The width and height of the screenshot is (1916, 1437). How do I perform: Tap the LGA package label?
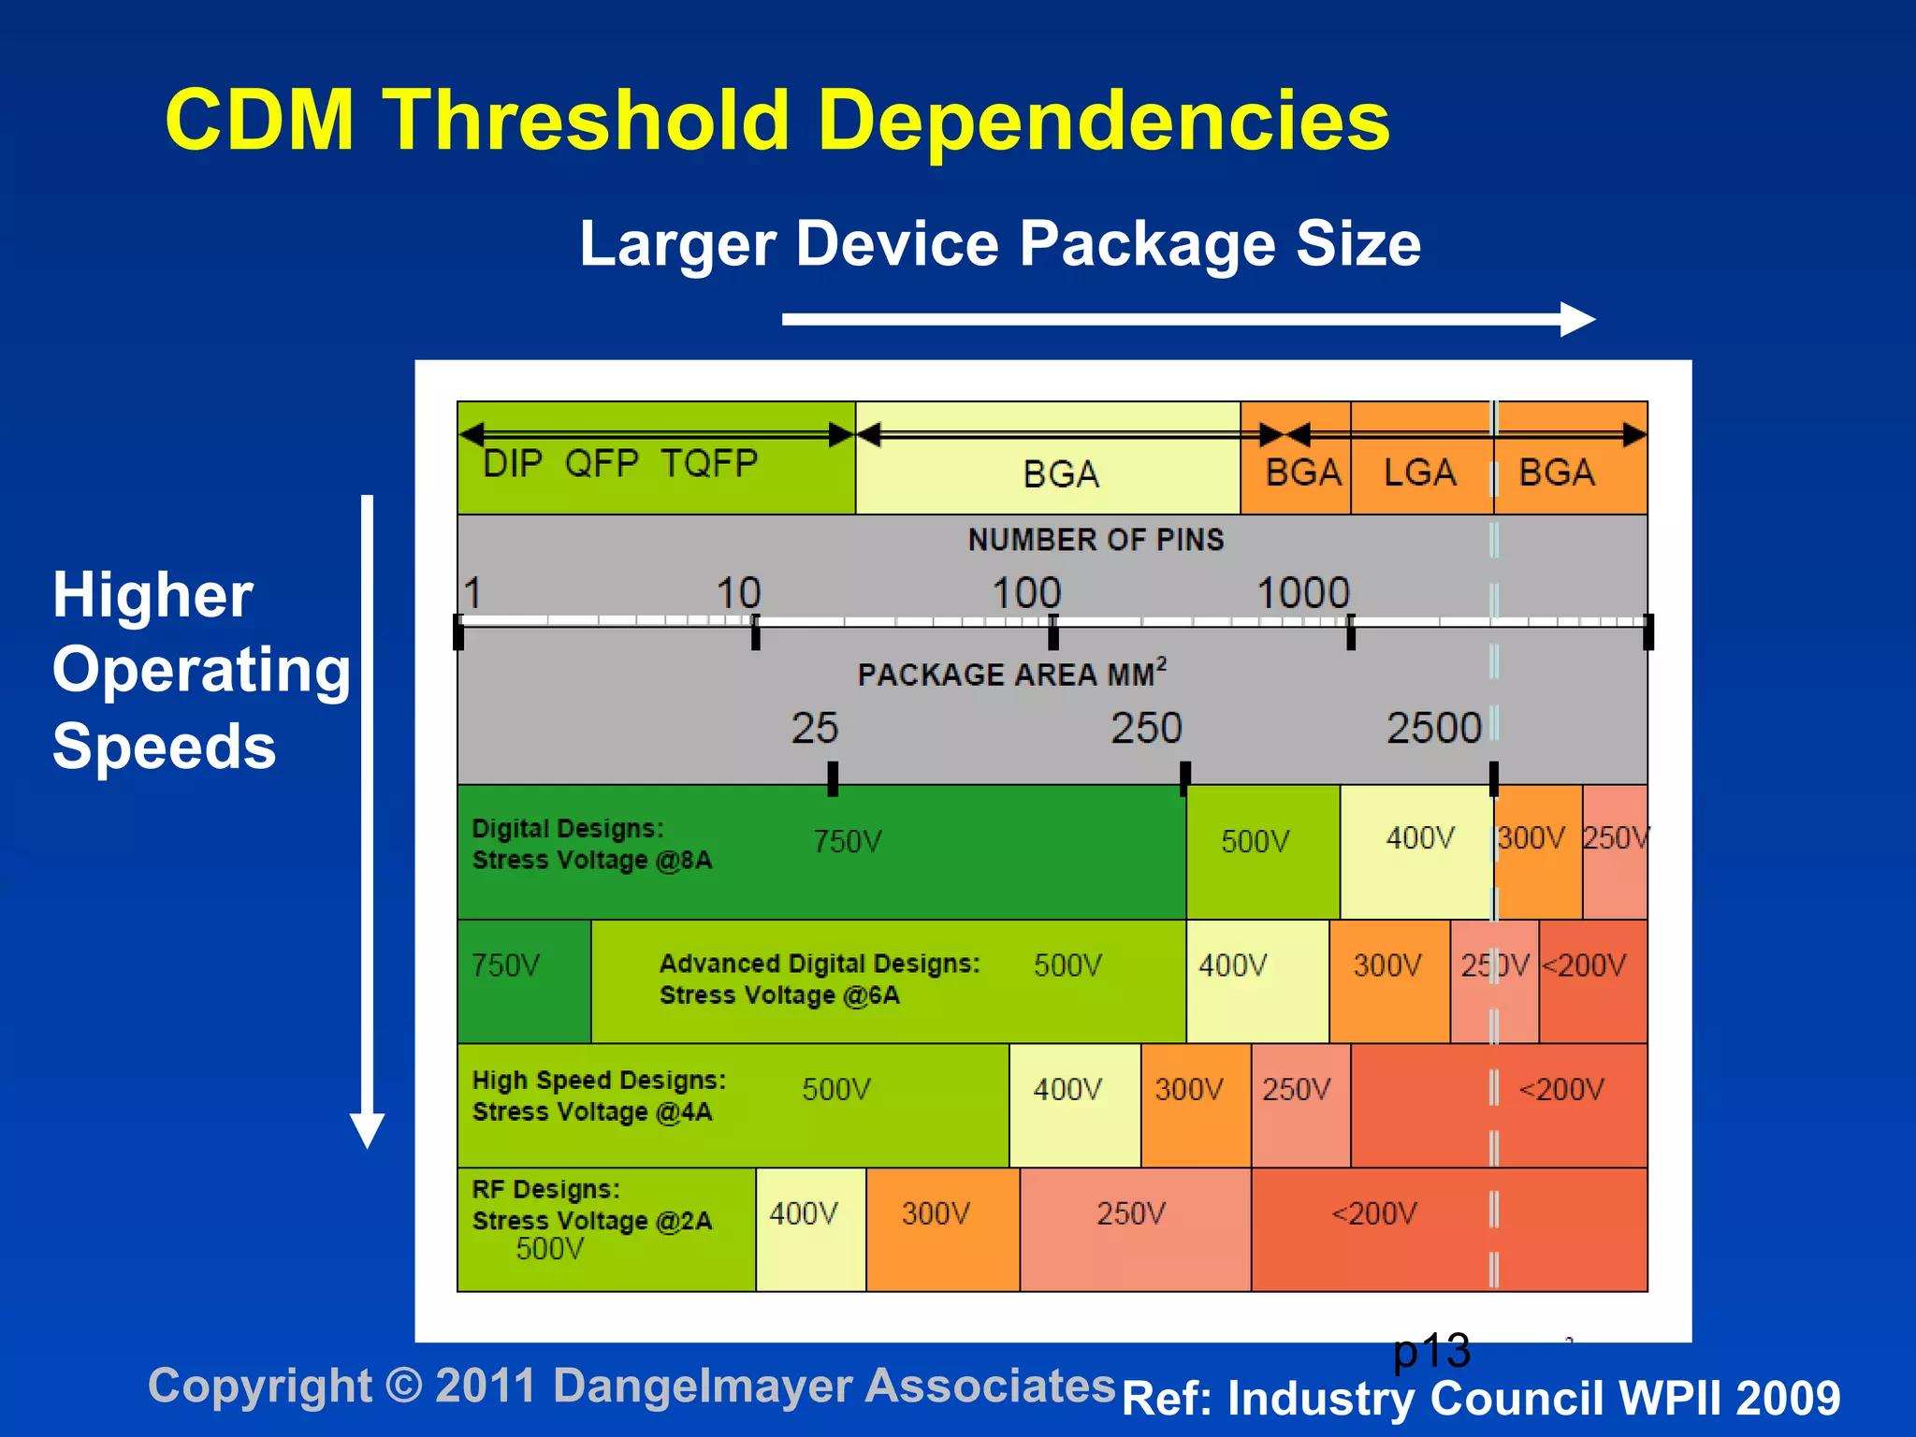click(x=1419, y=472)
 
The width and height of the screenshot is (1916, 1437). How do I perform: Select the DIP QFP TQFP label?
click(x=619, y=463)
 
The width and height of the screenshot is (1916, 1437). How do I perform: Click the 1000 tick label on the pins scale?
click(x=1302, y=593)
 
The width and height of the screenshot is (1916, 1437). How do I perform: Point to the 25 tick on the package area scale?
click(x=832, y=777)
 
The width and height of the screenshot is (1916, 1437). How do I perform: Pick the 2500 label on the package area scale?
click(x=1433, y=728)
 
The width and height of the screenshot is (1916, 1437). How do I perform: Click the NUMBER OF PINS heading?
click(x=1096, y=540)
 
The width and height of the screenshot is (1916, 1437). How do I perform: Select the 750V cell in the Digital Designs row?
click(x=847, y=841)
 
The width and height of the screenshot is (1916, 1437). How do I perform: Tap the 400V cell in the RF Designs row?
click(x=804, y=1213)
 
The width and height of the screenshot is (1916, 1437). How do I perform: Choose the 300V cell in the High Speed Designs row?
click(x=1189, y=1090)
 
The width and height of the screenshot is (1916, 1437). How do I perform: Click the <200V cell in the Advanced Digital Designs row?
click(x=1585, y=965)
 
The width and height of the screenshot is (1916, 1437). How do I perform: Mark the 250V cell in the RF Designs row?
click(x=1131, y=1213)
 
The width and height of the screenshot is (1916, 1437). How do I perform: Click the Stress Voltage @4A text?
click(x=591, y=1111)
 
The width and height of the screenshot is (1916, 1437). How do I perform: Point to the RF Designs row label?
click(x=545, y=1189)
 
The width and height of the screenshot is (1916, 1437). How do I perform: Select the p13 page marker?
click(x=1431, y=1351)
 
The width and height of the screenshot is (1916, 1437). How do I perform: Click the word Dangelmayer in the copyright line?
click(x=702, y=1386)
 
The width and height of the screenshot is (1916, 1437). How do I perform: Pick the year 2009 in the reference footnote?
click(x=1788, y=1398)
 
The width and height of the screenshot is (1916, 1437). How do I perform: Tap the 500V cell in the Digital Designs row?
click(x=1255, y=841)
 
